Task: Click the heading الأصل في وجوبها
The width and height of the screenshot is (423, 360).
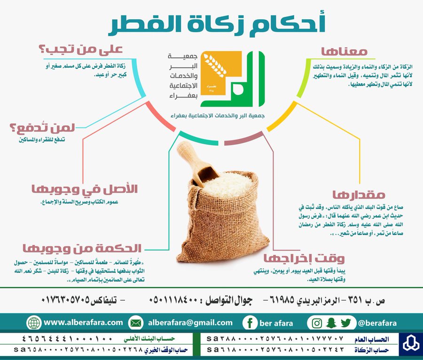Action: point(85,189)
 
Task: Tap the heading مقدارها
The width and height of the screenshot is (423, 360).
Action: point(359,195)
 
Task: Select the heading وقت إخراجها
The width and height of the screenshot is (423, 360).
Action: point(304,258)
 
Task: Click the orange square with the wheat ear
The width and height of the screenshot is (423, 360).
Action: point(221,72)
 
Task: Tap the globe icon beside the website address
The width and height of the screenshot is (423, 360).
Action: point(34,322)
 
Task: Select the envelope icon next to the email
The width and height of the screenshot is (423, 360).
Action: point(136,322)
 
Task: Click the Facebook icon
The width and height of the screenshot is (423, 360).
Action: point(250,323)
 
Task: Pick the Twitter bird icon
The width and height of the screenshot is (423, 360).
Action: point(346,322)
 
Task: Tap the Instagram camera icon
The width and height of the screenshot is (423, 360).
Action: point(317,323)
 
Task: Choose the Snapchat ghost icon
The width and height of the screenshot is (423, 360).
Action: point(331,322)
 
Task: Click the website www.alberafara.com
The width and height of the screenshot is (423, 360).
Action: point(83,322)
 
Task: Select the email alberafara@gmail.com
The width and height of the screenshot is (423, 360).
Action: point(190,323)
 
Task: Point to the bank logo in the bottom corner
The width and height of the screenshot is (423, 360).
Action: point(411,344)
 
